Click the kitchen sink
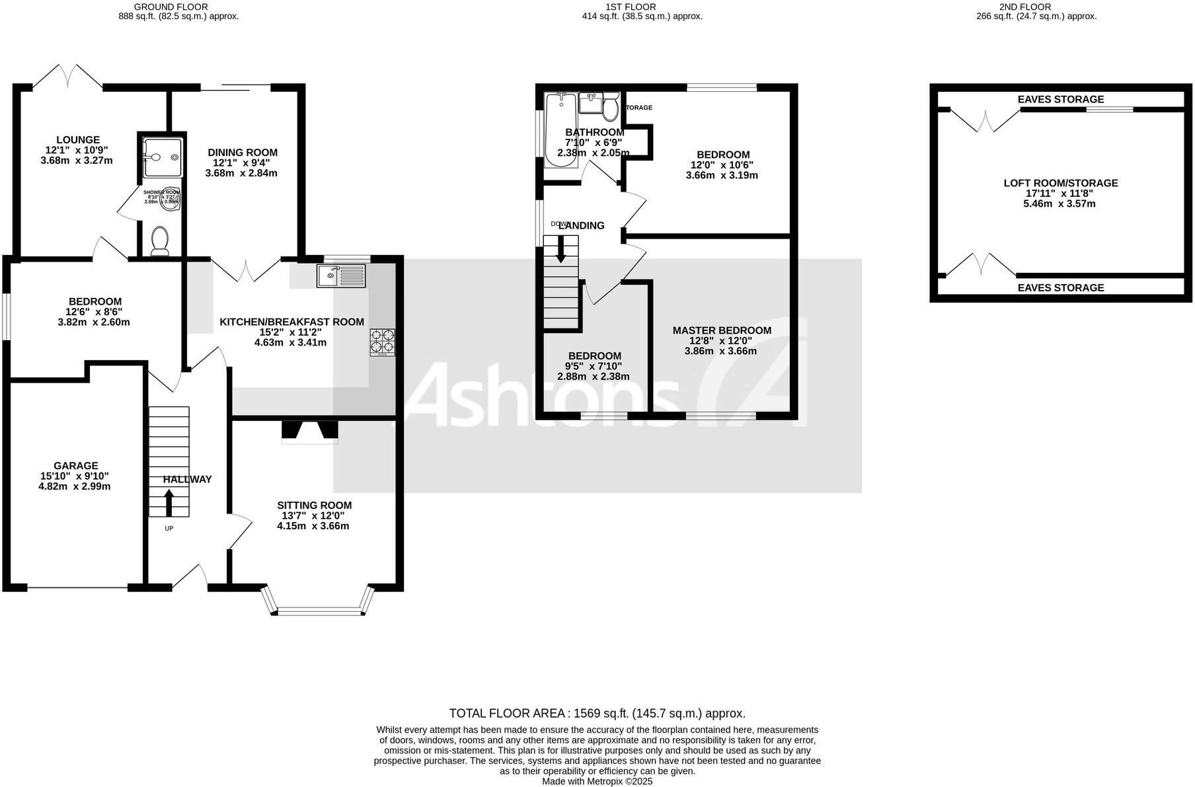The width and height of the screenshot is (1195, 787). (340, 275)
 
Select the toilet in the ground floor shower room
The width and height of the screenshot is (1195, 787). (160, 241)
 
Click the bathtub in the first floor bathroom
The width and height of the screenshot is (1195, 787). (560, 129)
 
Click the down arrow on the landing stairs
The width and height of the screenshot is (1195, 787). (560, 249)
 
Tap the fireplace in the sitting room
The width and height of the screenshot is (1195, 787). (310, 431)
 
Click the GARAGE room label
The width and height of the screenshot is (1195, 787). (76, 466)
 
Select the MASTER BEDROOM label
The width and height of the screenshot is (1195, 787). (722, 330)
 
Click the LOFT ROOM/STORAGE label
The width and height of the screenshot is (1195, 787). (1060, 183)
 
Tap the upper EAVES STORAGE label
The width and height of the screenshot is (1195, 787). (1060, 99)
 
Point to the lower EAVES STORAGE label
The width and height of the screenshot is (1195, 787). (1060, 287)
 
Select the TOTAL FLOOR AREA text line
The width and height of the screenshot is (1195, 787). (597, 713)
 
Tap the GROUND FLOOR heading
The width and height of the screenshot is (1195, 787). (171, 7)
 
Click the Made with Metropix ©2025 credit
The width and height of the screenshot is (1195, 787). (597, 781)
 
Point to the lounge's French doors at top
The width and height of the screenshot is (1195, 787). (68, 76)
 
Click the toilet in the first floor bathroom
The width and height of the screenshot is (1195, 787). (610, 108)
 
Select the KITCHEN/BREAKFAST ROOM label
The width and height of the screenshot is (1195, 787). (291, 322)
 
